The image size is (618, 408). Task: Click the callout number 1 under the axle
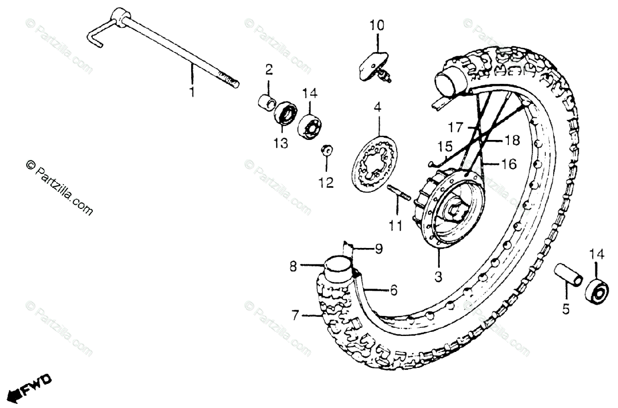[x=192, y=93]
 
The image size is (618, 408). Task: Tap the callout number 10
[x=376, y=25]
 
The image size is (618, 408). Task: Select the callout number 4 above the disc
[x=377, y=108]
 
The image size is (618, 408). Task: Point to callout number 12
[x=326, y=182]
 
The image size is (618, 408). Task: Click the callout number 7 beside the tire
[x=295, y=315]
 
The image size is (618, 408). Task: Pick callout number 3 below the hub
[x=438, y=277]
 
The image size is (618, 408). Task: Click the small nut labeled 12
[x=326, y=150]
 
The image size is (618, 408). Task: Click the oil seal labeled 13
[x=283, y=112]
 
